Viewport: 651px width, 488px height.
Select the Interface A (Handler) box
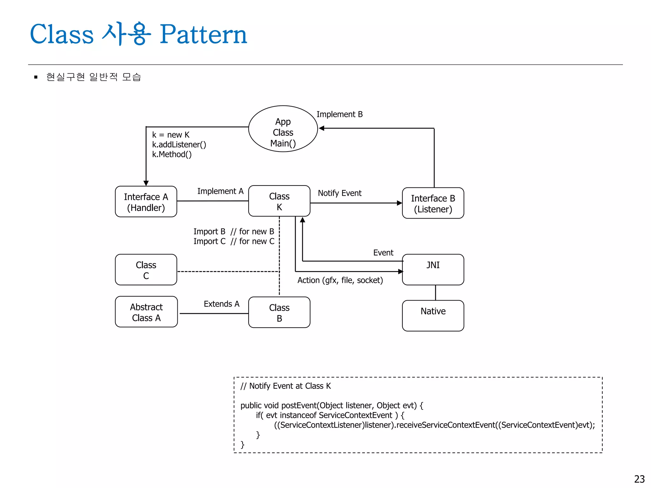pyautogui.click(x=146, y=202)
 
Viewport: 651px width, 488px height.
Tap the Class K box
pyautogui.click(x=279, y=201)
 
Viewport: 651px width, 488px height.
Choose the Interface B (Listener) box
pyautogui.click(x=433, y=203)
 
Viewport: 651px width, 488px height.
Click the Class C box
pyautogui.click(x=146, y=270)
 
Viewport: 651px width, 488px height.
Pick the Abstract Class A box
pyautogui.click(x=146, y=312)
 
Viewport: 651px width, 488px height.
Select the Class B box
pyautogui.click(x=279, y=313)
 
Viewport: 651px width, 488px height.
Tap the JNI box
pyautogui.click(x=433, y=269)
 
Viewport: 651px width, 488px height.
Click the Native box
pyautogui.click(x=433, y=316)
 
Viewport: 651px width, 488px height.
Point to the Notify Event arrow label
pyautogui.click(x=339, y=193)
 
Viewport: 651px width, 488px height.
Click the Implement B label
pyautogui.click(x=339, y=114)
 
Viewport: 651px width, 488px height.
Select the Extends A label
pyautogui.click(x=222, y=304)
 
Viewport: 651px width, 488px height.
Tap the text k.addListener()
pyautogui.click(x=179, y=145)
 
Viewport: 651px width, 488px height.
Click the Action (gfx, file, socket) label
pyautogui.click(x=340, y=280)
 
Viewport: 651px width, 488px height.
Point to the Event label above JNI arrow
pyautogui.click(x=383, y=253)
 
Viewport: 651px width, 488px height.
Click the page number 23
pyautogui.click(x=639, y=479)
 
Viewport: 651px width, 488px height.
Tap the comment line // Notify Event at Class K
pyautogui.click(x=285, y=386)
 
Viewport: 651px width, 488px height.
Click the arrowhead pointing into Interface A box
pyautogui.click(x=146, y=183)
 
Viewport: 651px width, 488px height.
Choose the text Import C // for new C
pyautogui.click(x=234, y=241)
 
